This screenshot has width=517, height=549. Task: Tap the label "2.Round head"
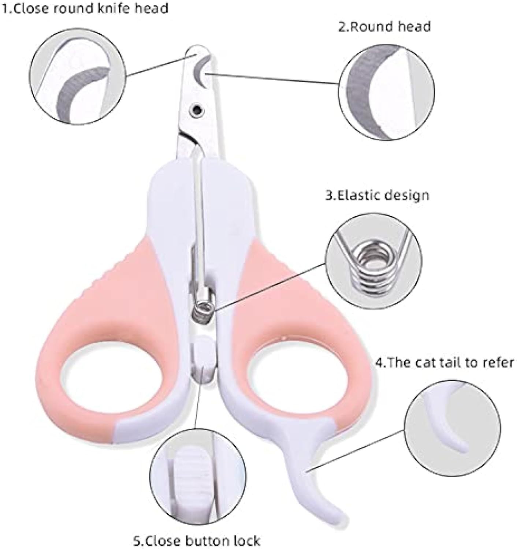[384, 27]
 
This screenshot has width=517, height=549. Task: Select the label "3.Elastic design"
[377, 195]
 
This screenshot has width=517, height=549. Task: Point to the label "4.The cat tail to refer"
[445, 363]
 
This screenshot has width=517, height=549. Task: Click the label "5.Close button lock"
[197, 540]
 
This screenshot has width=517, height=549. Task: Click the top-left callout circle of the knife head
[77, 83]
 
